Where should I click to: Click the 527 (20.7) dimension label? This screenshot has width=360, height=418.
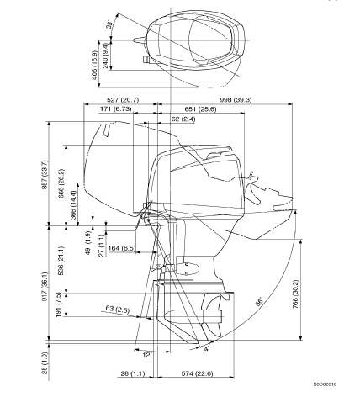[123, 100]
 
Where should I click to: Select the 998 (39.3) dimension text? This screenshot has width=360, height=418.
[236, 99]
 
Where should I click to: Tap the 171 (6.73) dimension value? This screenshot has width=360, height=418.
[115, 108]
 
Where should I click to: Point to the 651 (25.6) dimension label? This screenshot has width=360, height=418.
[200, 108]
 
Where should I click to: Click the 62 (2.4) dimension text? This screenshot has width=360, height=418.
[183, 119]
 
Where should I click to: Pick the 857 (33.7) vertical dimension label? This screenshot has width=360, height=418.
[45, 174]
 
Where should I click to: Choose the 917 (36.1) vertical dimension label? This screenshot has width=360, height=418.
[45, 286]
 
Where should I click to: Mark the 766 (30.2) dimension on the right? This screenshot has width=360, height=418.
[296, 294]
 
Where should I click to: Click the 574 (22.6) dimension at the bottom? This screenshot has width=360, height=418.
[197, 373]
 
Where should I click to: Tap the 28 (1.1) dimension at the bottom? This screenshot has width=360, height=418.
[133, 373]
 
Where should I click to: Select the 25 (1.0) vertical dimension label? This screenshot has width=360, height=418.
[45, 362]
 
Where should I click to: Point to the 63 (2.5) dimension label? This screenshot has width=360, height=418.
[118, 310]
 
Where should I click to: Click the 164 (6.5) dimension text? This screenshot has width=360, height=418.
[121, 248]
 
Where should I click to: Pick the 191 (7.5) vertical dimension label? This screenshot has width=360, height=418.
[58, 304]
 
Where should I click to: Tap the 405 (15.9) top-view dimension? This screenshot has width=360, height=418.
[94, 65]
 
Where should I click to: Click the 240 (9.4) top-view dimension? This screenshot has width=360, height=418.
[105, 56]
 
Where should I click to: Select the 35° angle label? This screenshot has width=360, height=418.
[110, 24]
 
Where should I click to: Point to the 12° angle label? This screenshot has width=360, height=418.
[147, 355]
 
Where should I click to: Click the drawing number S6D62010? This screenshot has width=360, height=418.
[325, 384]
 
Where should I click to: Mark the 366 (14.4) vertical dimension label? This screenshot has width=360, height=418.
[73, 205]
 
